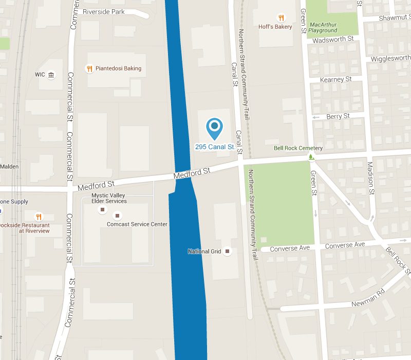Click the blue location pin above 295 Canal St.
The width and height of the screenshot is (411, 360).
pyautogui.click(x=214, y=127)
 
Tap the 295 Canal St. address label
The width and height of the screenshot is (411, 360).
pyautogui.click(x=215, y=147)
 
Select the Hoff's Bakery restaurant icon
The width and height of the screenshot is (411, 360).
pyautogui.click(x=281, y=17)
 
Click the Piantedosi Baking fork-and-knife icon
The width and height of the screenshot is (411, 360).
pyautogui.click(x=89, y=68)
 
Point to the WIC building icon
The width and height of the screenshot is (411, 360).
pyautogui.click(x=51, y=75)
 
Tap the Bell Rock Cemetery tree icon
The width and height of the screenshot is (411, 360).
pyautogui.click(x=311, y=156)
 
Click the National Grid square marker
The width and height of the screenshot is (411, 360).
pyautogui.click(x=228, y=251)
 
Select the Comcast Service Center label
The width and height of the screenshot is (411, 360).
pyautogui.click(x=137, y=224)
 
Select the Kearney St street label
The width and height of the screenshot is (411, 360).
pyautogui.click(x=335, y=80)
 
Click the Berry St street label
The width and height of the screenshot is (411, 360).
pyautogui.click(x=338, y=116)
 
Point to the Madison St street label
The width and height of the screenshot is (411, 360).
pyautogui.click(x=370, y=178)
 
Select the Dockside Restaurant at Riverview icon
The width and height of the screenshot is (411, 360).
pyautogui.click(x=38, y=217)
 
